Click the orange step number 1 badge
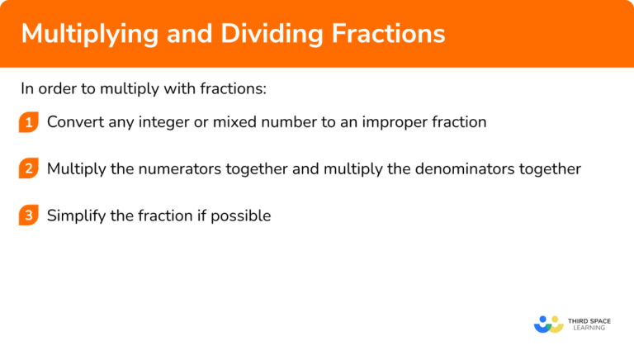29,122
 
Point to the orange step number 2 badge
29,169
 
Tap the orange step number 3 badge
29,216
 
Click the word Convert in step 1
73,122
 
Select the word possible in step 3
242,216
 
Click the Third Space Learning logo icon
548,324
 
